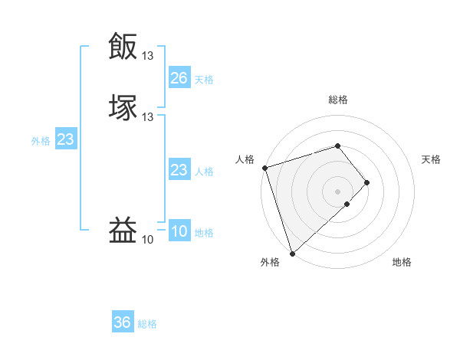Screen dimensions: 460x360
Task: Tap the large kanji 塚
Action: (123, 106)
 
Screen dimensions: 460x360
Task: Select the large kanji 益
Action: (123, 230)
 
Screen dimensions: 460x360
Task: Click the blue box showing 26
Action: (179, 78)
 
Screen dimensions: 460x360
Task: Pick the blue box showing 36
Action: (123, 323)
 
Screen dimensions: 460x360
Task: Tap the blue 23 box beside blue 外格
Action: (65, 140)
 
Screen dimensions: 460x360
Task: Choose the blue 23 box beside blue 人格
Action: (179, 171)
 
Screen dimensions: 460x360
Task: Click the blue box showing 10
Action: (179, 232)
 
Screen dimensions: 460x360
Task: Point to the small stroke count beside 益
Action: (147, 240)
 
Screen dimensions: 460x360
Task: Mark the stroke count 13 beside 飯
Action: (147, 55)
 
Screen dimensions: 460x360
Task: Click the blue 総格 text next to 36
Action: (147, 324)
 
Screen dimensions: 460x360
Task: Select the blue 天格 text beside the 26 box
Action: (204, 79)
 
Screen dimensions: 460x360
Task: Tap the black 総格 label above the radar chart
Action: (338, 100)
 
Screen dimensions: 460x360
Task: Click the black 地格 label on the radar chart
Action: (402, 263)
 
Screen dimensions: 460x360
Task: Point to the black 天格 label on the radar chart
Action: (431, 159)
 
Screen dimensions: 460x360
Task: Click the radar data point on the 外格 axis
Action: (292, 253)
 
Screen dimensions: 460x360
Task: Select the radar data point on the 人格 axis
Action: (264, 167)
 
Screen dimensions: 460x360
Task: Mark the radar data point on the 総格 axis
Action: (338, 146)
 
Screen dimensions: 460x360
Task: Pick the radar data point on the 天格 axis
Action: (367, 182)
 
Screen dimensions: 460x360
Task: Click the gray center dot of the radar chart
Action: (338, 191)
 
